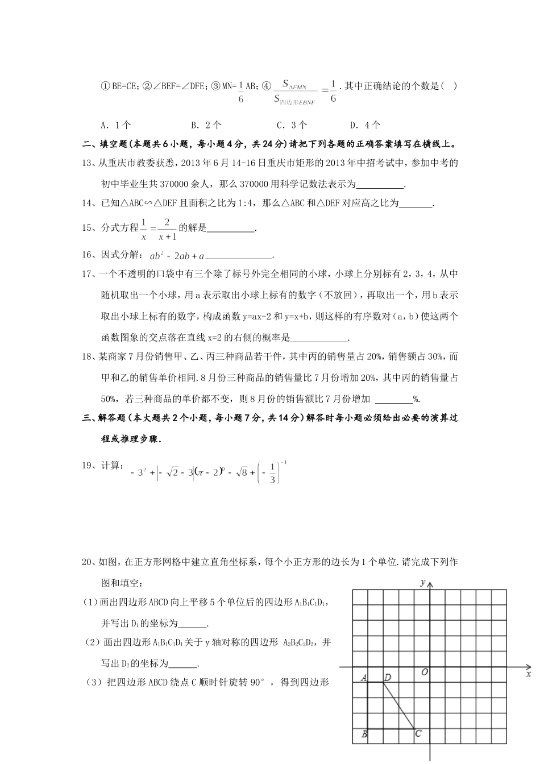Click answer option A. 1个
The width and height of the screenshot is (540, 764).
tap(116, 125)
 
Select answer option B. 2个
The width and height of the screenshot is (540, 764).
tap(206, 125)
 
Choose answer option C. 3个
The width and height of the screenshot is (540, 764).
tap(292, 125)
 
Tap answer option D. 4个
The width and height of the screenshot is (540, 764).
tap(365, 125)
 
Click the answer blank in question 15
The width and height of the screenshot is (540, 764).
tap(231, 229)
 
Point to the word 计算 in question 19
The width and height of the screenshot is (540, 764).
tap(112, 466)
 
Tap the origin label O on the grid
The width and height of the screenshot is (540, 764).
tap(424, 672)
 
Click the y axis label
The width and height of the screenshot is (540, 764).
tap(422, 582)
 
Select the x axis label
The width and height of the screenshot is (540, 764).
tap(528, 674)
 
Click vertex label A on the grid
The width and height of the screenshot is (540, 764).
tap(364, 677)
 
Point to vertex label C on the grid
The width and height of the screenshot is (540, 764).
tap(418, 733)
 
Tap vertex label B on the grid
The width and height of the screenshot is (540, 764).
tap(364, 734)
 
